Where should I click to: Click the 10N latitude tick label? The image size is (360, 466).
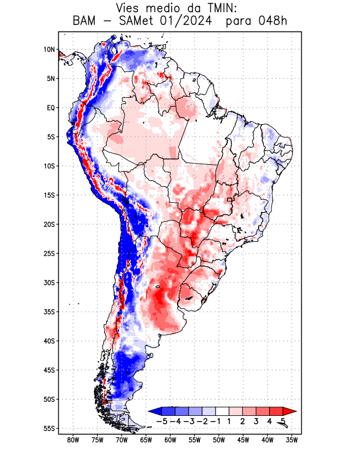49,50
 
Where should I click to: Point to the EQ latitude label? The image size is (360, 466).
51,108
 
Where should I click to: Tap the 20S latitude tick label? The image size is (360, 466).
48,224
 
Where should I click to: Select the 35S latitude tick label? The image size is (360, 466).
48,312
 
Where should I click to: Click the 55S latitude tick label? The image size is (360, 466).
48,428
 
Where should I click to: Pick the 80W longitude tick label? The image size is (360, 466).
73,440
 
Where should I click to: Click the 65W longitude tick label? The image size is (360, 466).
146,440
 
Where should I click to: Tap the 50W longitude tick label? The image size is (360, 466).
218,440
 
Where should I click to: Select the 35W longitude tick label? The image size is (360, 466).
291,440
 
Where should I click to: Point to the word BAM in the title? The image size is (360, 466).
84,22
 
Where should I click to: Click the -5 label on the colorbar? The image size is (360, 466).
163,421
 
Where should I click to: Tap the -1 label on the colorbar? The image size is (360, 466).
216,421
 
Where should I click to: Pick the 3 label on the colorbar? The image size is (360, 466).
256,421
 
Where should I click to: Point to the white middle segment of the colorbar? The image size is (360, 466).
223,411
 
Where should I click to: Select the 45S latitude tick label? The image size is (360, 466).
48,370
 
